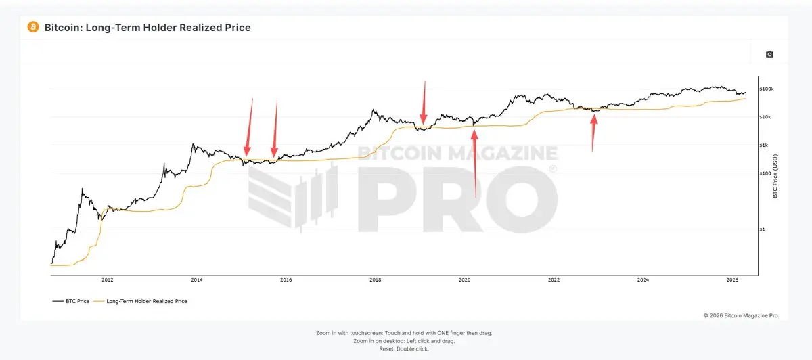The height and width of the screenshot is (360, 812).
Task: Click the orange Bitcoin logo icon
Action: (x=32, y=27)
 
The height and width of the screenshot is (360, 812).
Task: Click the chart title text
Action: (x=148, y=28)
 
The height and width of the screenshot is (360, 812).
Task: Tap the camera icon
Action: (x=769, y=54)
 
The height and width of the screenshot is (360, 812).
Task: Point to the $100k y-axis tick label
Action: (x=767, y=89)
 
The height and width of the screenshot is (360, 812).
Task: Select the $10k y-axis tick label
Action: (x=765, y=117)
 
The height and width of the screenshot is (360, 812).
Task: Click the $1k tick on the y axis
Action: (x=764, y=145)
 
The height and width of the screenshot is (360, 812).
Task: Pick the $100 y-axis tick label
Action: (x=765, y=173)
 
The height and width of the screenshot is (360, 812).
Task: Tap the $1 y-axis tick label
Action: (x=763, y=229)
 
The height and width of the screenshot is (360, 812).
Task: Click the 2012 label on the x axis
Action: (x=107, y=279)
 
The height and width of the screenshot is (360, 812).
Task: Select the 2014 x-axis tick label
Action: (x=196, y=279)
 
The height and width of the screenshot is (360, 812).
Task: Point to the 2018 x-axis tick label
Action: (x=375, y=279)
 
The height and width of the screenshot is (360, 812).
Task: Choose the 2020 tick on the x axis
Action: (x=464, y=279)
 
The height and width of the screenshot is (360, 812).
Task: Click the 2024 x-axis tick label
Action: (x=643, y=279)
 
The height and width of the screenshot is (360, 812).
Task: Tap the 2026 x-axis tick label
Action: (x=732, y=279)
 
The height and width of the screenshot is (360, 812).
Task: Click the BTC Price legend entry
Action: (x=71, y=301)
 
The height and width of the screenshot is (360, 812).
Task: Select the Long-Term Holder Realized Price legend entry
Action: (x=143, y=301)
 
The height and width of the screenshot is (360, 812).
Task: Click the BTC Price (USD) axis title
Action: (x=775, y=175)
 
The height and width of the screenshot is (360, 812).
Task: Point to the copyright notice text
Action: (x=741, y=315)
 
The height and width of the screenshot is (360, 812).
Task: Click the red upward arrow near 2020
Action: (x=475, y=162)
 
